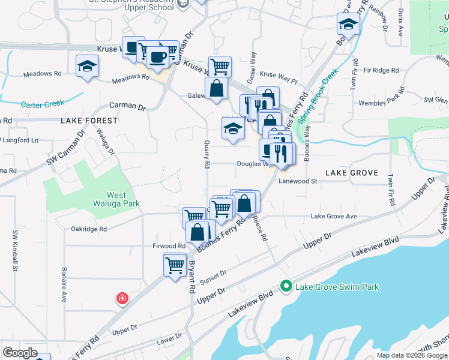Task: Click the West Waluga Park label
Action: tap(124, 199)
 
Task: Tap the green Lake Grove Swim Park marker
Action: tap(286, 287)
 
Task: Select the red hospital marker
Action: tap(122, 298)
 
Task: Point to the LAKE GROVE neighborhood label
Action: tap(352, 173)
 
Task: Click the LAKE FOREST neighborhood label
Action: tap(89, 121)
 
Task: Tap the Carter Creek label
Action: tap(42, 104)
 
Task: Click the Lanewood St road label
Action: tap(298, 181)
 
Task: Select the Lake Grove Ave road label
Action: tap(334, 217)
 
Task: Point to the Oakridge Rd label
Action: tap(89, 229)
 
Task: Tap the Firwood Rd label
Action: tap(169, 246)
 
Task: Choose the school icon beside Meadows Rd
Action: tap(87, 65)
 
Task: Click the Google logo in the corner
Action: tap(19, 353)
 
